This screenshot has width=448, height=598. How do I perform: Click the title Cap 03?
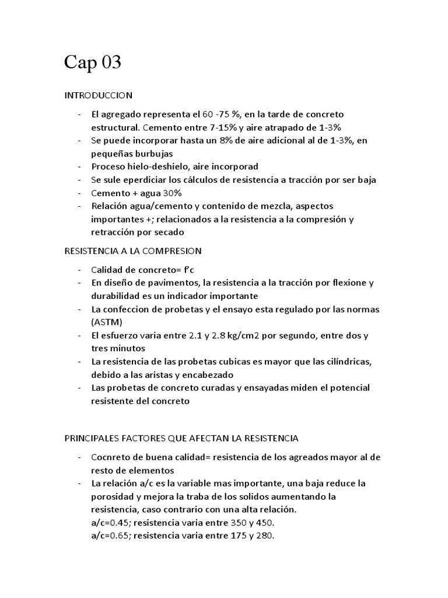(93, 62)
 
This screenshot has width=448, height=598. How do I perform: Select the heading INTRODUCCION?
(98, 95)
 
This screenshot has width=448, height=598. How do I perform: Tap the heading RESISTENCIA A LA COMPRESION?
(132, 251)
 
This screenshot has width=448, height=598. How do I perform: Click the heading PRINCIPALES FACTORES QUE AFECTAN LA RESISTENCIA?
(181, 437)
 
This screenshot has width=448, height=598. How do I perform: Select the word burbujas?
(152, 154)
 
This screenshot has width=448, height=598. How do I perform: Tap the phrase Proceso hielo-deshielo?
(139, 166)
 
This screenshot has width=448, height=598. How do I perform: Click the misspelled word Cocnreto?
(111, 457)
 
